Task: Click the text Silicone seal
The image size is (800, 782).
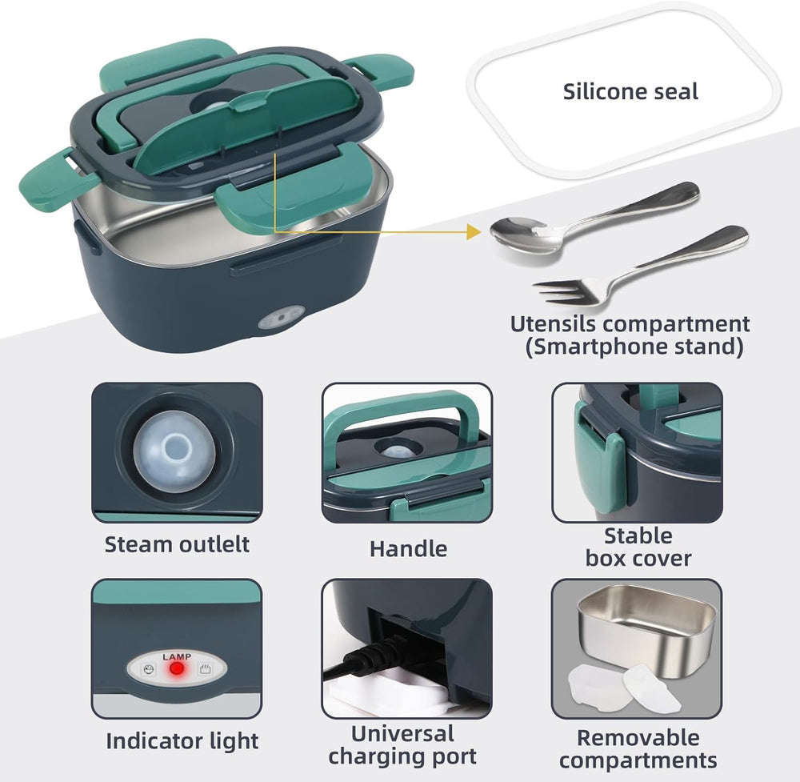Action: click(x=630, y=91)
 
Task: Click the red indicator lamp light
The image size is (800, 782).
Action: click(x=177, y=667)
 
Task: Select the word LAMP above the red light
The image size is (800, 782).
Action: click(x=177, y=656)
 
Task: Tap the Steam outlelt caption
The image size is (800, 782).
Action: click(x=177, y=544)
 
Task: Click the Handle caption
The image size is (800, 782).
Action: click(x=408, y=548)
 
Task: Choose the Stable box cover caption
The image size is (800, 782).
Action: click(x=638, y=547)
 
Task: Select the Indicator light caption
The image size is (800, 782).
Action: click(x=182, y=741)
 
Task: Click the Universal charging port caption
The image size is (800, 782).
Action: click(x=402, y=744)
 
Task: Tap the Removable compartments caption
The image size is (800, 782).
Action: click(x=638, y=748)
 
